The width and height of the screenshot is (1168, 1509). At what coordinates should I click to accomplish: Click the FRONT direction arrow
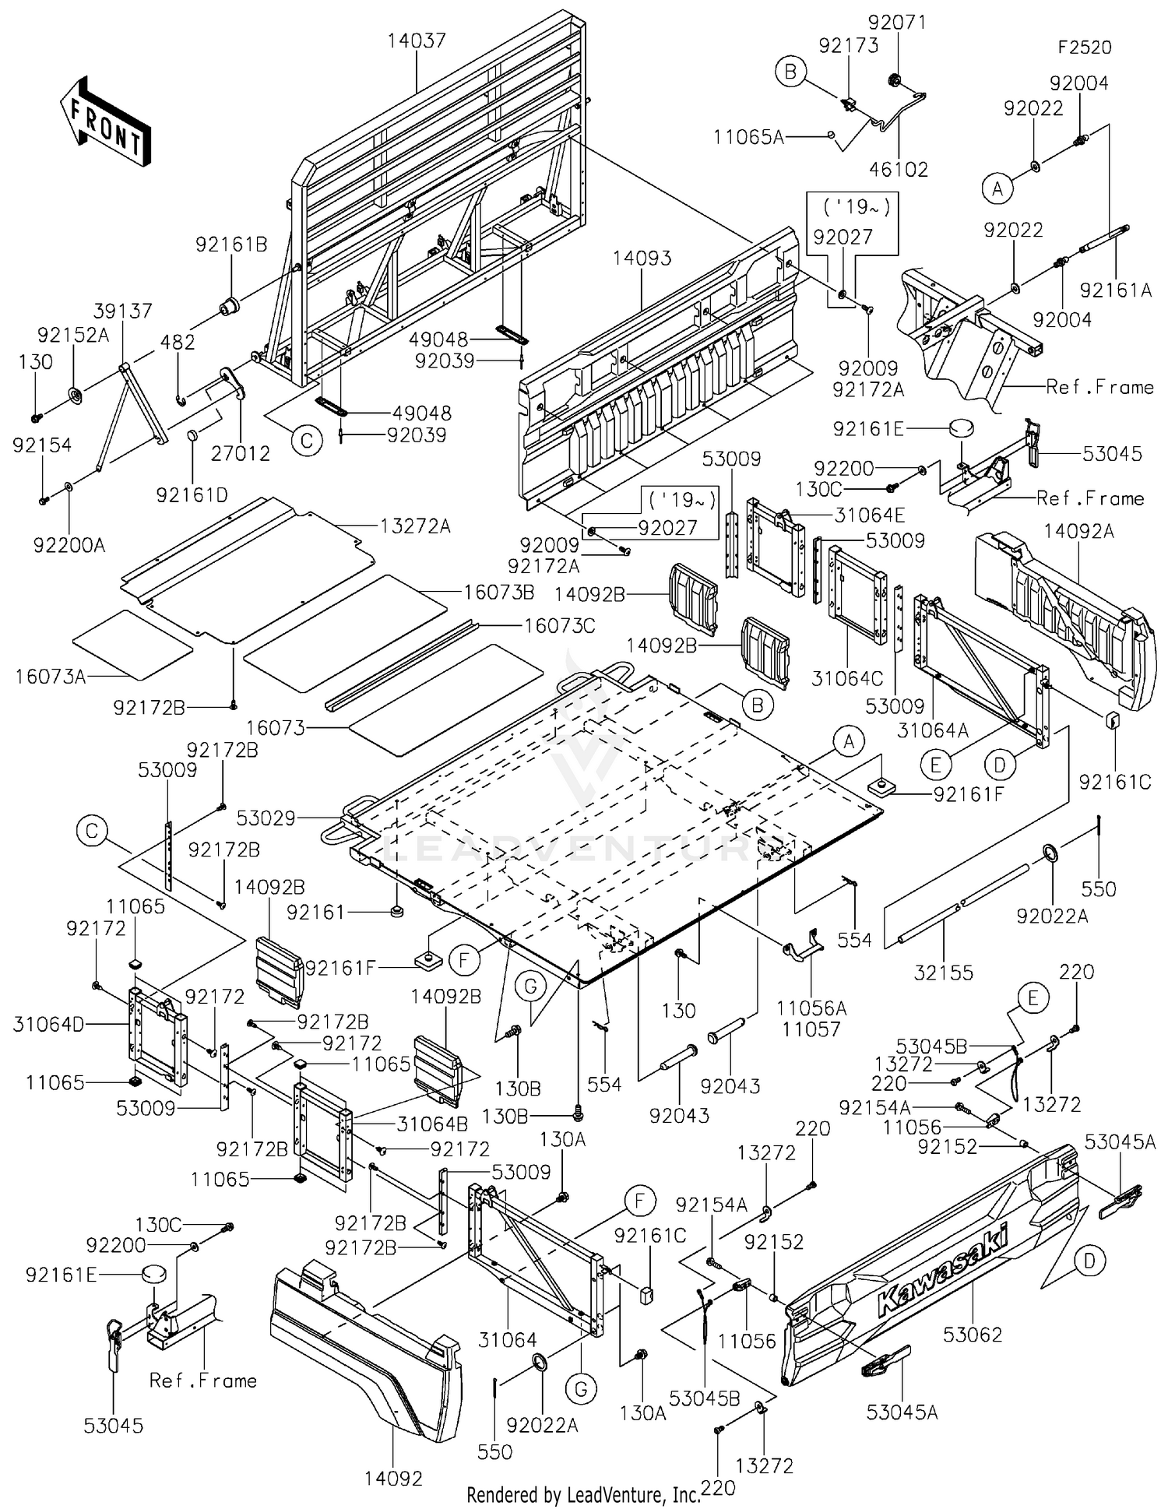[105, 123]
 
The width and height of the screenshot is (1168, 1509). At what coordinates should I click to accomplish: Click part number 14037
[417, 40]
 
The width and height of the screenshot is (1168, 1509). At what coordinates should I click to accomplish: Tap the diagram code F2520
[1084, 47]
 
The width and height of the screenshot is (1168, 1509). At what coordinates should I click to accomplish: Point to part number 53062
[973, 1335]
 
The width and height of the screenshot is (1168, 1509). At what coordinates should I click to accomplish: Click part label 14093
[642, 258]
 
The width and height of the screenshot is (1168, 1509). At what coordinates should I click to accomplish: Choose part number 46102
[899, 169]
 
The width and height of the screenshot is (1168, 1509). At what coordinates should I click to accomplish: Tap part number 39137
[123, 311]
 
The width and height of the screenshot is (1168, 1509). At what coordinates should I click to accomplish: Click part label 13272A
[416, 526]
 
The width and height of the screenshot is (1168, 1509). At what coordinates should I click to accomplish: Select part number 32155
[944, 972]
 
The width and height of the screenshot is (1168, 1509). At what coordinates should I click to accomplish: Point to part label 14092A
[1078, 531]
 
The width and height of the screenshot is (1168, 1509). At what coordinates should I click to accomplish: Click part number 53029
[266, 818]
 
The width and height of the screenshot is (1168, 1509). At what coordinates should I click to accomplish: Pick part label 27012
[241, 453]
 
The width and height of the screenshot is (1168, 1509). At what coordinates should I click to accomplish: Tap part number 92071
[899, 23]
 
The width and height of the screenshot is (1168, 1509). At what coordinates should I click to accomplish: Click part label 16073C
[560, 625]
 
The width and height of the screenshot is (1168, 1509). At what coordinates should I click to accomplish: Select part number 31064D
[47, 1024]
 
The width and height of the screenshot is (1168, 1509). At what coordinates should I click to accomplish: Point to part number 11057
[811, 1029]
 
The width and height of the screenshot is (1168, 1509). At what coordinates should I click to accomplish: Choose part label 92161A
[1115, 290]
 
